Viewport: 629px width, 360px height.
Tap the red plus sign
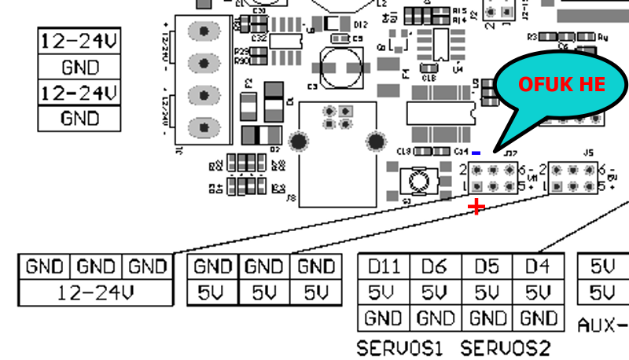tap(476, 207)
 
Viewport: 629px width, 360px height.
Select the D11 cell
tap(384, 267)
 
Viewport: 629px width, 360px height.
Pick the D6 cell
tap(435, 267)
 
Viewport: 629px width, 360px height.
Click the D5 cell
tap(487, 267)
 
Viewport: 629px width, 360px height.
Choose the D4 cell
tap(539, 267)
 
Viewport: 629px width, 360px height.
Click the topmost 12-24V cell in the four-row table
tap(79, 40)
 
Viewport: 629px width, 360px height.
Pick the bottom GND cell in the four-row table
tap(79, 118)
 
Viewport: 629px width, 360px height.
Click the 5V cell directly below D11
tap(384, 293)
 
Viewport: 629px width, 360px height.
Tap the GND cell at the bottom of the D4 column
tap(539, 319)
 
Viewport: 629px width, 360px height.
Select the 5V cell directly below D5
tap(487, 293)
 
